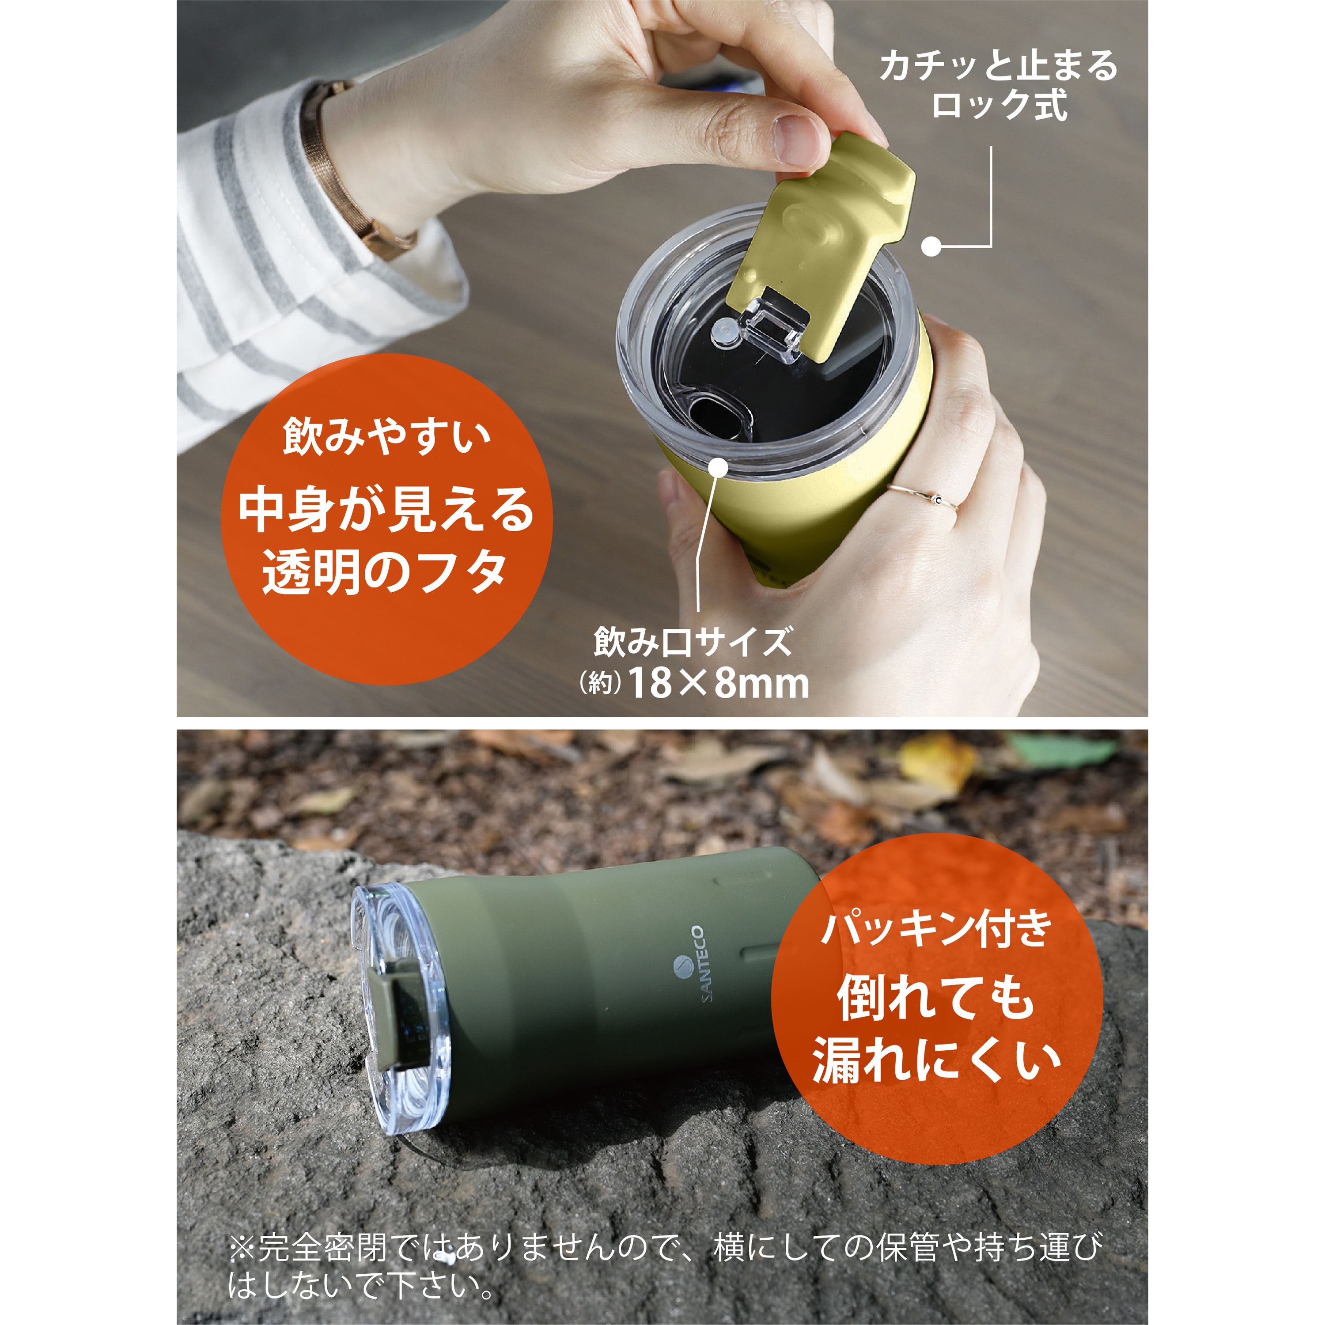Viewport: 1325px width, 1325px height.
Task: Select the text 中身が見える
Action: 386,510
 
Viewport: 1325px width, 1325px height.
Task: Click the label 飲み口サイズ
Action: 693,642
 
